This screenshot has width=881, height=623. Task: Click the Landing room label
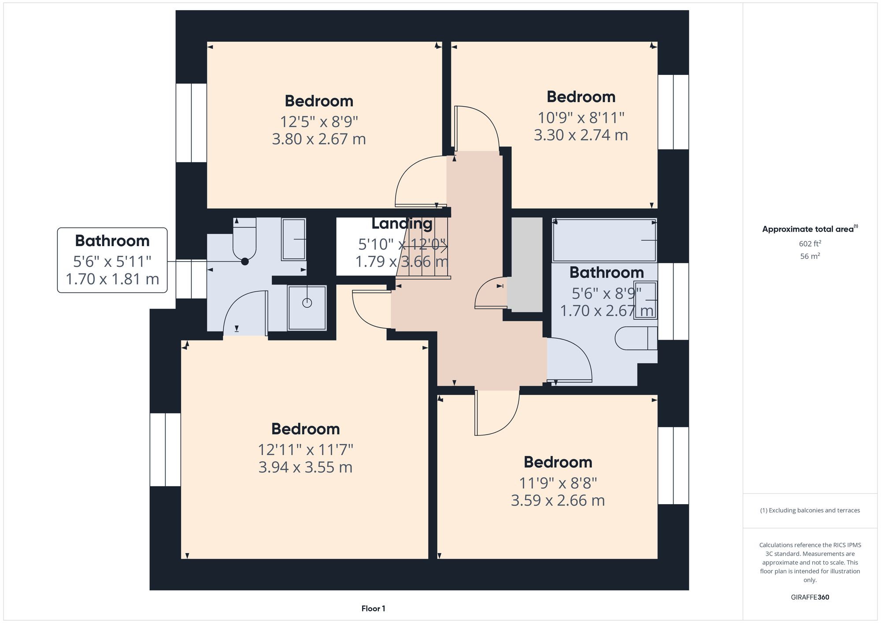(x=401, y=224)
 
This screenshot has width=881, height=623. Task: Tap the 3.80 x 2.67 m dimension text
(x=319, y=139)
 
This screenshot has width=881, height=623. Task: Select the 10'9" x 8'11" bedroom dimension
(x=581, y=118)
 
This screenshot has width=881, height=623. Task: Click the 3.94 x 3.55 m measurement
(x=305, y=467)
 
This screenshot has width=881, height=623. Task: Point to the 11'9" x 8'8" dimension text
(x=558, y=483)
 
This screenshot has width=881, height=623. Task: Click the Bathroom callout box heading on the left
(x=112, y=241)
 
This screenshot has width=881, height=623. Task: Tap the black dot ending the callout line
(x=245, y=262)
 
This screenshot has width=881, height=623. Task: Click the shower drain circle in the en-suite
(x=307, y=303)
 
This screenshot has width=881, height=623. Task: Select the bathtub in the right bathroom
(x=604, y=240)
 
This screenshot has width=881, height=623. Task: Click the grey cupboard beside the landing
(x=527, y=264)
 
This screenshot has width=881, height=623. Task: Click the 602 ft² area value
(x=810, y=243)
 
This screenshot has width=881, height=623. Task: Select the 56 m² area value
(x=810, y=256)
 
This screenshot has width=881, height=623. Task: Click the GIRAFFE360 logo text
(x=810, y=597)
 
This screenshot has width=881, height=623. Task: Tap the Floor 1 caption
(x=373, y=608)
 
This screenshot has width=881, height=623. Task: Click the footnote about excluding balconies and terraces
(x=810, y=510)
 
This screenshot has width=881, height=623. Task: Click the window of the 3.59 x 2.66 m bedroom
(x=673, y=465)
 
